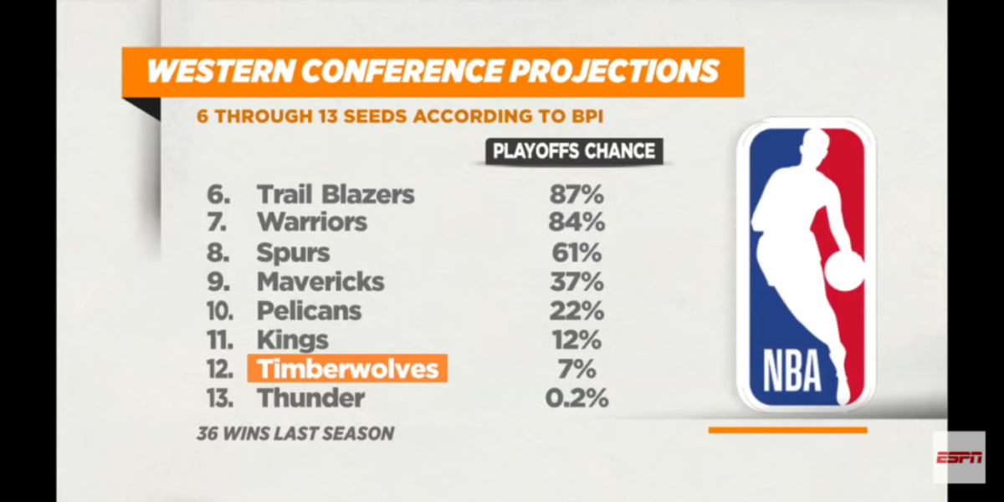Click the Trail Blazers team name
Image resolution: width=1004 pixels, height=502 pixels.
point(336,194)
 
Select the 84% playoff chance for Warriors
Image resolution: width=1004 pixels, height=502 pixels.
point(576,223)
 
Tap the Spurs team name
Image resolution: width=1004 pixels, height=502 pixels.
point(293,253)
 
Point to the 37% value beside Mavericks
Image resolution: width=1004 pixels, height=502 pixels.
point(576,282)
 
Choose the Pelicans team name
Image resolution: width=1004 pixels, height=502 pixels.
point(310,310)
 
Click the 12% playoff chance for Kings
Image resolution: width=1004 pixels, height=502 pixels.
point(576,340)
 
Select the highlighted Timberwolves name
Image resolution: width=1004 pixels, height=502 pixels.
point(347,368)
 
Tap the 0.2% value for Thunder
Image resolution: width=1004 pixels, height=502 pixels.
point(576,398)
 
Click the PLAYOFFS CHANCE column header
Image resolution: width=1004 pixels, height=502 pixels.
point(574,151)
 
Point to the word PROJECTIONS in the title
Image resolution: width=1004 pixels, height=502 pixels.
point(614,71)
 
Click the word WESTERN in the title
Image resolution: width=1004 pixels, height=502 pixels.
point(220,71)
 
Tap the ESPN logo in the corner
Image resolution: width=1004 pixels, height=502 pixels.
point(959,458)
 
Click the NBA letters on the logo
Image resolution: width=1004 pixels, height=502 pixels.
point(791,370)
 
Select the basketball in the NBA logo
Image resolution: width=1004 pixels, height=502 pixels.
point(843,271)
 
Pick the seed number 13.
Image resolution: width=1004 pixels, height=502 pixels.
point(220,398)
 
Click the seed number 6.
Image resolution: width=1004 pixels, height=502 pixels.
point(218,194)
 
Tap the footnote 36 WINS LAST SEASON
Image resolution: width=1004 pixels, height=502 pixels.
point(296,433)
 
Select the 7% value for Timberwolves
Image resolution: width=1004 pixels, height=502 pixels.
point(576,369)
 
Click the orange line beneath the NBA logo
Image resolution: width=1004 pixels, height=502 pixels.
point(787,430)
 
